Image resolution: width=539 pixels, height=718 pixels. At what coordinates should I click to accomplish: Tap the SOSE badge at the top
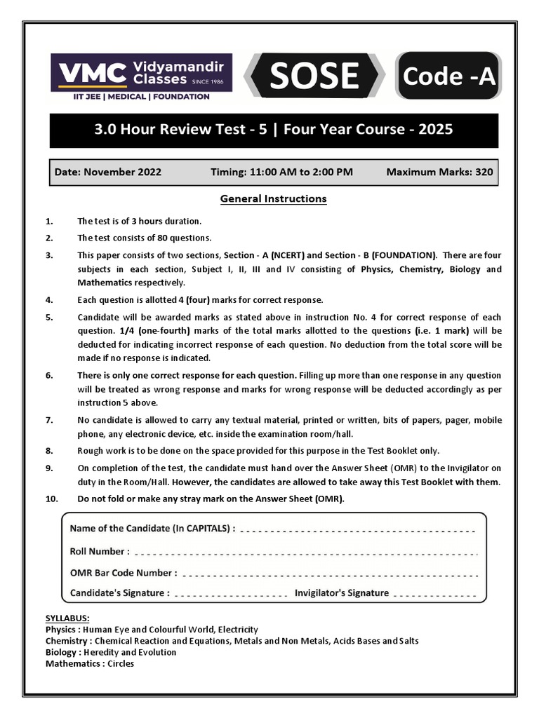[x=314, y=76]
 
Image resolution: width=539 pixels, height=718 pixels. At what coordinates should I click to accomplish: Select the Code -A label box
[x=448, y=76]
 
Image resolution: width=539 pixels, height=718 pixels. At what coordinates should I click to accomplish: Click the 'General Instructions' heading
[x=273, y=198]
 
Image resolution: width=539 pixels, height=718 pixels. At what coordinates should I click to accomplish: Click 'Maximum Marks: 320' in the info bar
[x=439, y=172]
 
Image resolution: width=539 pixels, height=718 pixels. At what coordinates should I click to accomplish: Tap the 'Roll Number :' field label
[x=100, y=551]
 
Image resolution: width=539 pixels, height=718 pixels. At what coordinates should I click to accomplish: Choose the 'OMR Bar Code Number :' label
[x=124, y=572]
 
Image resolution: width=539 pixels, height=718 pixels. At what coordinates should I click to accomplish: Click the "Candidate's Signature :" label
[x=119, y=592]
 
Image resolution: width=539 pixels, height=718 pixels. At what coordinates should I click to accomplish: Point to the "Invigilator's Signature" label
[x=342, y=592]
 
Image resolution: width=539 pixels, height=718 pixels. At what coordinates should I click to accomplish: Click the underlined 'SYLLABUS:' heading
[x=67, y=618]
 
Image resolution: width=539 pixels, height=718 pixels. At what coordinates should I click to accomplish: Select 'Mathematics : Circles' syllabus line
[x=90, y=663]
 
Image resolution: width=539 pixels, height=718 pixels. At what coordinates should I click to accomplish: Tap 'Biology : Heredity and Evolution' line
[x=111, y=652]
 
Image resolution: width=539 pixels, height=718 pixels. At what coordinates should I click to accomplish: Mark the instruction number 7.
[x=49, y=420]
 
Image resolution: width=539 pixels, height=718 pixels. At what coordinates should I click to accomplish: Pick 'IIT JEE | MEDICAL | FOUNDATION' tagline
[x=133, y=97]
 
